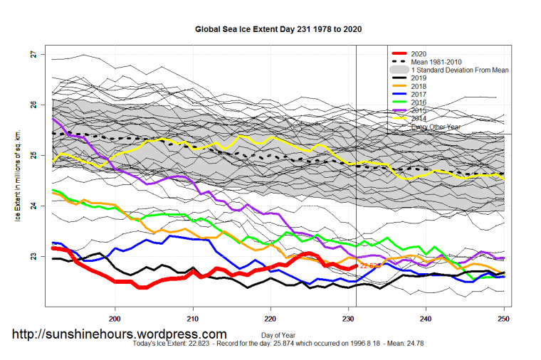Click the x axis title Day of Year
click(x=277, y=334)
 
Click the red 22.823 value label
click(x=371, y=265)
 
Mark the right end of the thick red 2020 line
click(x=357, y=265)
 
